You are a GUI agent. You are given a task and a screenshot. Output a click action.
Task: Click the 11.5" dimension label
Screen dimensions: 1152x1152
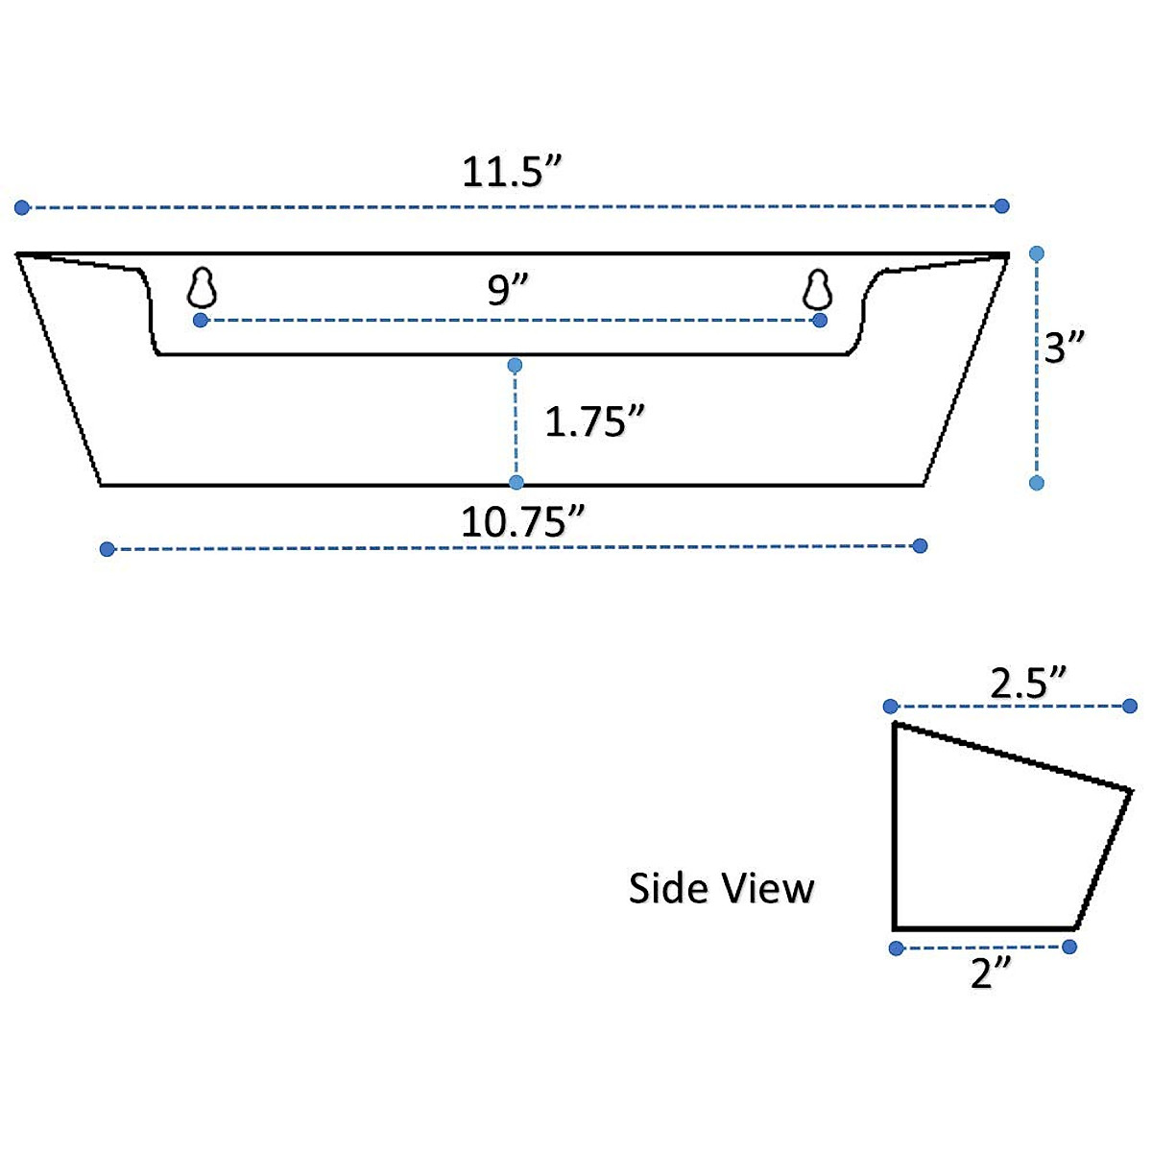pyautogui.click(x=511, y=172)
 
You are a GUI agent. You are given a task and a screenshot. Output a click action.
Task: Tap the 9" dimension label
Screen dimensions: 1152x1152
pyautogui.click(x=509, y=289)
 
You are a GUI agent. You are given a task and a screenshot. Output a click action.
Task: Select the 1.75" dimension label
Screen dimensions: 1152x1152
pyautogui.click(x=594, y=421)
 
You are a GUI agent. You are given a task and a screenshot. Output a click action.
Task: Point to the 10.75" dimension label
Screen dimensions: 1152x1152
pyautogui.click(x=523, y=522)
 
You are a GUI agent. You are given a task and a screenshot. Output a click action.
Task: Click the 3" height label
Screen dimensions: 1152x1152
pyautogui.click(x=1065, y=347)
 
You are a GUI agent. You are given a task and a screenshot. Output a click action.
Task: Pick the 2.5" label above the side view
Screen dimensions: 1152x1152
pyautogui.click(x=1029, y=684)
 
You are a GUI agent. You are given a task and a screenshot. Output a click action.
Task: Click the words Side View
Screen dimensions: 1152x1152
pyautogui.click(x=721, y=888)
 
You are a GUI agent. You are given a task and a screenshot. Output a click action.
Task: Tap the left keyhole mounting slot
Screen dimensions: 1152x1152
pyautogui.click(x=202, y=287)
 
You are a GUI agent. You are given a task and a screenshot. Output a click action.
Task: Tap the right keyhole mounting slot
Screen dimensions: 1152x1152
pyautogui.click(x=817, y=287)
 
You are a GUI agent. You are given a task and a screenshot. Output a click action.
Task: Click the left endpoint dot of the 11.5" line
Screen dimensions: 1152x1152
pyautogui.click(x=22, y=207)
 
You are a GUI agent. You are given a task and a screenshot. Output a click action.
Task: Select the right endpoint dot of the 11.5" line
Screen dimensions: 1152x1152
pyautogui.click(x=1001, y=205)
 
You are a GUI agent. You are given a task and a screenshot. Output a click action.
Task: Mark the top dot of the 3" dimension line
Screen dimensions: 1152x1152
pyautogui.click(x=1036, y=253)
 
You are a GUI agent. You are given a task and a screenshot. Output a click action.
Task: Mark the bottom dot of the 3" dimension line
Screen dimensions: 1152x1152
pyautogui.click(x=1036, y=483)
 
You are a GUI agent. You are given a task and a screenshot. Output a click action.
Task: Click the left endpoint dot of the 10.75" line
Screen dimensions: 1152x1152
pyautogui.click(x=108, y=549)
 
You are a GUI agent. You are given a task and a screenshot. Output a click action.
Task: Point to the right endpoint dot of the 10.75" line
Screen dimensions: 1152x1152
pyautogui.click(x=920, y=546)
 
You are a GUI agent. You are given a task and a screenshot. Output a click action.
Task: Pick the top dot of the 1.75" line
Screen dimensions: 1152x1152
pyautogui.click(x=516, y=365)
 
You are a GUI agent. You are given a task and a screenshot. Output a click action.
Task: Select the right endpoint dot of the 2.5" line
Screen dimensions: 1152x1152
pyautogui.click(x=1130, y=707)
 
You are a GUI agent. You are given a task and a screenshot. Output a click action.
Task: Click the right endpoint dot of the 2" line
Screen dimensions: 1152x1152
pyautogui.click(x=1069, y=947)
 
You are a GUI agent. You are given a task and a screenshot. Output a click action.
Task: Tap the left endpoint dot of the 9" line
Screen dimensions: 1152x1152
pyautogui.click(x=200, y=320)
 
